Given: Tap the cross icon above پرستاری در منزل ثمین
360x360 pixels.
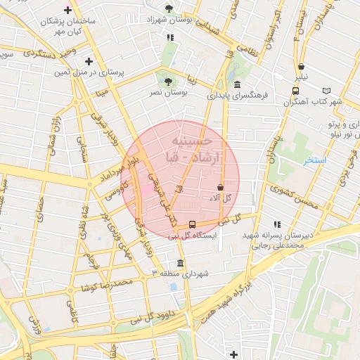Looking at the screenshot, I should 88,62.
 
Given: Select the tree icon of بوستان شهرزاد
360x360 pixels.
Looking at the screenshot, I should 168,9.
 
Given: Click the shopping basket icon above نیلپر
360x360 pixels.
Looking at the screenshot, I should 301,67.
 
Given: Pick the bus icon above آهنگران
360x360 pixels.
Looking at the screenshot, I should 295,90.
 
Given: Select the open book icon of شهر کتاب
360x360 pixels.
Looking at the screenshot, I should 326,90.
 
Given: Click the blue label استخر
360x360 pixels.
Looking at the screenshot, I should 315,161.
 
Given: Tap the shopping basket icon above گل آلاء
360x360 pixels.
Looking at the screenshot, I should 221,188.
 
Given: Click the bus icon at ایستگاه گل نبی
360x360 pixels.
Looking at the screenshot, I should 192,225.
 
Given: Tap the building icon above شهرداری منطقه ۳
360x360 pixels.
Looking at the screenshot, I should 181,264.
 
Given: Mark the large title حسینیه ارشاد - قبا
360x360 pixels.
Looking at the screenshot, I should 181,148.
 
